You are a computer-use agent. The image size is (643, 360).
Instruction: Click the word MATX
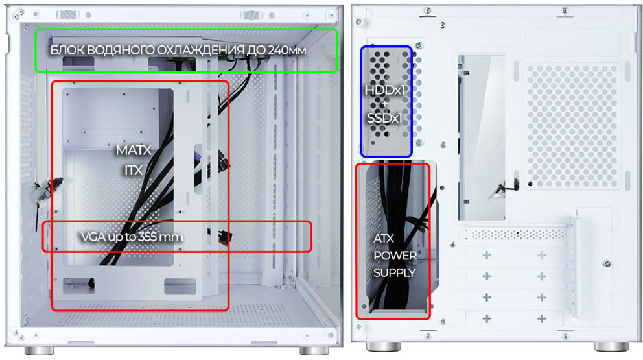pyautogui.click(x=134, y=150)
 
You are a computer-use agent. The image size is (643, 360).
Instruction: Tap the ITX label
pyautogui.click(x=134, y=170)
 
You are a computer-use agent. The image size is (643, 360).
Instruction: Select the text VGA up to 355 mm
pyautogui.click(x=132, y=237)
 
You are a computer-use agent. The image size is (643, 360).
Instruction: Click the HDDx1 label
pyautogui.click(x=384, y=90)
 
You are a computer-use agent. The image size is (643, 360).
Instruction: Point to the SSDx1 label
pyautogui.click(x=384, y=118)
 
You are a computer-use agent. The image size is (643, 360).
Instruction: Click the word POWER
pyautogui.click(x=395, y=256)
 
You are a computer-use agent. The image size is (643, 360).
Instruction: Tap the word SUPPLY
pyautogui.click(x=394, y=272)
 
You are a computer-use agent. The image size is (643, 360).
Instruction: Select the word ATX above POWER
pyautogui.click(x=384, y=238)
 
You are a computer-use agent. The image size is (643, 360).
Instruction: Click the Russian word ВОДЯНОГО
pyautogui.click(x=121, y=50)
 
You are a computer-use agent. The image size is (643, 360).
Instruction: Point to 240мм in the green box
pyautogui.click(x=286, y=50)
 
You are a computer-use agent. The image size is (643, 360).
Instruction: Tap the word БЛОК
pyautogui.click(x=67, y=50)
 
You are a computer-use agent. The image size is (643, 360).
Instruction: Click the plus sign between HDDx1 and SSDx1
pyautogui.click(x=384, y=104)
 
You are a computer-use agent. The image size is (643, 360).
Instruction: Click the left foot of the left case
pyautogui.click(x=39, y=350)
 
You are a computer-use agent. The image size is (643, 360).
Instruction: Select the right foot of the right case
pyautogui.click(x=611, y=347)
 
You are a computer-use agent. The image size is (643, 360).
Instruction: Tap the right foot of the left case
pyautogui.click(x=314, y=350)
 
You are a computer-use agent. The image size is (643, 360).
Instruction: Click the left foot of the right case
pyautogui.click(x=383, y=347)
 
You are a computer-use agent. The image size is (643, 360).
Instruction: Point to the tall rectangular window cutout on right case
pyautogui.click(x=482, y=138)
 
